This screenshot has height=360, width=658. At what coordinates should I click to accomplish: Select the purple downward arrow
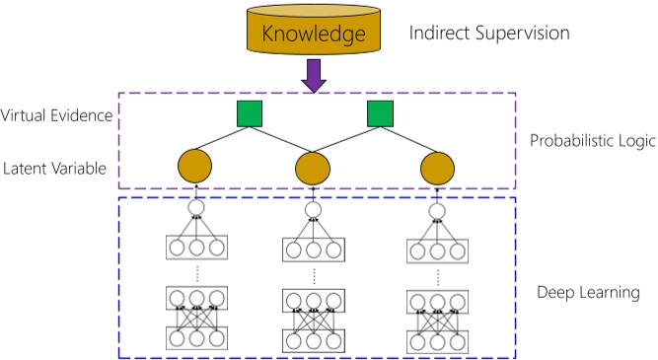click(314, 76)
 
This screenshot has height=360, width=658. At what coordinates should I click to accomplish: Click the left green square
click(251, 114)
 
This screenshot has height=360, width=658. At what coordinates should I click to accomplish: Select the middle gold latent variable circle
click(314, 168)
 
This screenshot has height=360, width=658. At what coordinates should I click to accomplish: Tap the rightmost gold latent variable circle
click(436, 168)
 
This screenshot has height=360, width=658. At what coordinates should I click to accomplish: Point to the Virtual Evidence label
click(57, 116)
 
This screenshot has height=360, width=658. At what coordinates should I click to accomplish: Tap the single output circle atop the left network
click(195, 209)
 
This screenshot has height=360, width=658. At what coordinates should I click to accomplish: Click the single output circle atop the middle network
click(314, 210)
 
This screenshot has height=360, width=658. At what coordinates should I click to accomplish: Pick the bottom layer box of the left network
click(195, 338)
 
